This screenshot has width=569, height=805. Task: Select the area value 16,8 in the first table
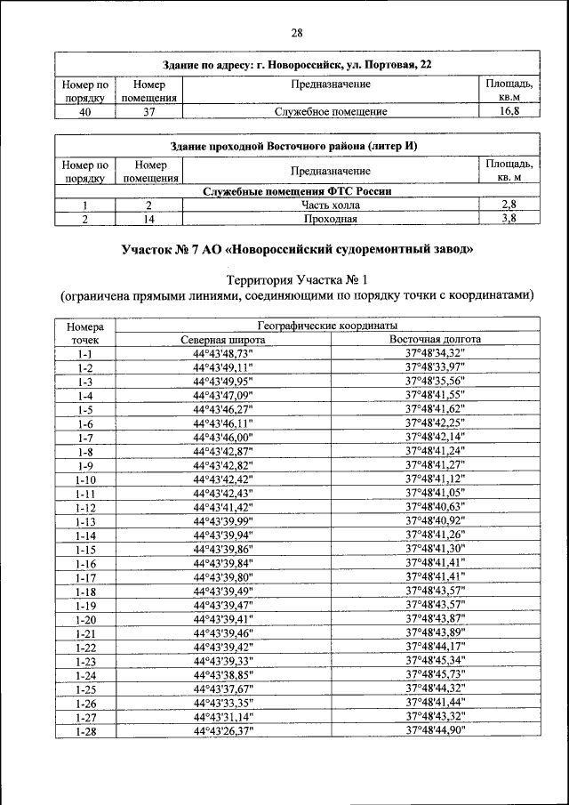click(x=509, y=112)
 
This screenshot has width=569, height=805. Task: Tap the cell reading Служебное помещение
click(x=330, y=112)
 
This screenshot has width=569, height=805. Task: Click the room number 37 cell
click(x=150, y=112)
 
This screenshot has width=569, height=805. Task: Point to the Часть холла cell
click(x=330, y=205)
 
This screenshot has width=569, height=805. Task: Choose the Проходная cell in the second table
click(x=330, y=219)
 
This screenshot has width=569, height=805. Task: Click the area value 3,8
click(x=509, y=219)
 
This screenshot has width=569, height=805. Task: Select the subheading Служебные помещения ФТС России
click(x=297, y=191)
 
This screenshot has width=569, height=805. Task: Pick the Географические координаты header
click(x=328, y=326)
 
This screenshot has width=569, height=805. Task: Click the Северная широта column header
click(x=223, y=340)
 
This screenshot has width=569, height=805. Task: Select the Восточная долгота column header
click(x=435, y=340)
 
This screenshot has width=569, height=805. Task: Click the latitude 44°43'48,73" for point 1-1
click(x=223, y=353)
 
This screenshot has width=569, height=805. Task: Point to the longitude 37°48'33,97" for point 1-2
click(x=435, y=367)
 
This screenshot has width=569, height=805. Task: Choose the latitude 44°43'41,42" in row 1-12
click(x=223, y=507)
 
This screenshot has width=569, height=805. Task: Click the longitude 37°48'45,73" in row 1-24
click(x=435, y=674)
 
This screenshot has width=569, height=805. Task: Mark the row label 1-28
click(x=85, y=730)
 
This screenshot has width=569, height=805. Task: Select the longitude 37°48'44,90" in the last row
click(x=435, y=730)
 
